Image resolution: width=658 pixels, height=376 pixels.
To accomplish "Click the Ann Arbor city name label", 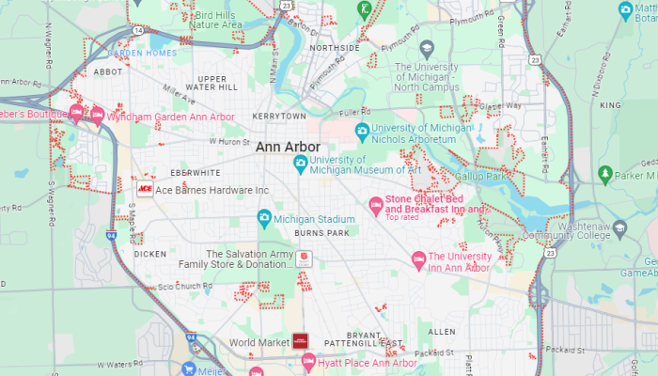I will click(288, 148).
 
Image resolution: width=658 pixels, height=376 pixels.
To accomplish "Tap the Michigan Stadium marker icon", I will click(265, 219).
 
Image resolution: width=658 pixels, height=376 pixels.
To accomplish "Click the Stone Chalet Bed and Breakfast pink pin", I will click(375, 204).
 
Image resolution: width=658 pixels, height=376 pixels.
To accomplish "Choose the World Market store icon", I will click(300, 341).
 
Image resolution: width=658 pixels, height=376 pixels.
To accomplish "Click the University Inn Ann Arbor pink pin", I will click(417, 258).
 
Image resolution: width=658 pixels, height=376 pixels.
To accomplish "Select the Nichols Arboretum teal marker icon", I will click(361, 130).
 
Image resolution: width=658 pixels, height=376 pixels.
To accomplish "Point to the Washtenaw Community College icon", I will click(619, 227).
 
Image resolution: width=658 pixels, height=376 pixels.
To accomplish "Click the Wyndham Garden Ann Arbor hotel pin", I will click(96, 115).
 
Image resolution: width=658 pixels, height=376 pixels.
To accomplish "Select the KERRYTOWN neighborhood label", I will click(278, 115).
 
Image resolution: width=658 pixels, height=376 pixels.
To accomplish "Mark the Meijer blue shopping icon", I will click(189, 368).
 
